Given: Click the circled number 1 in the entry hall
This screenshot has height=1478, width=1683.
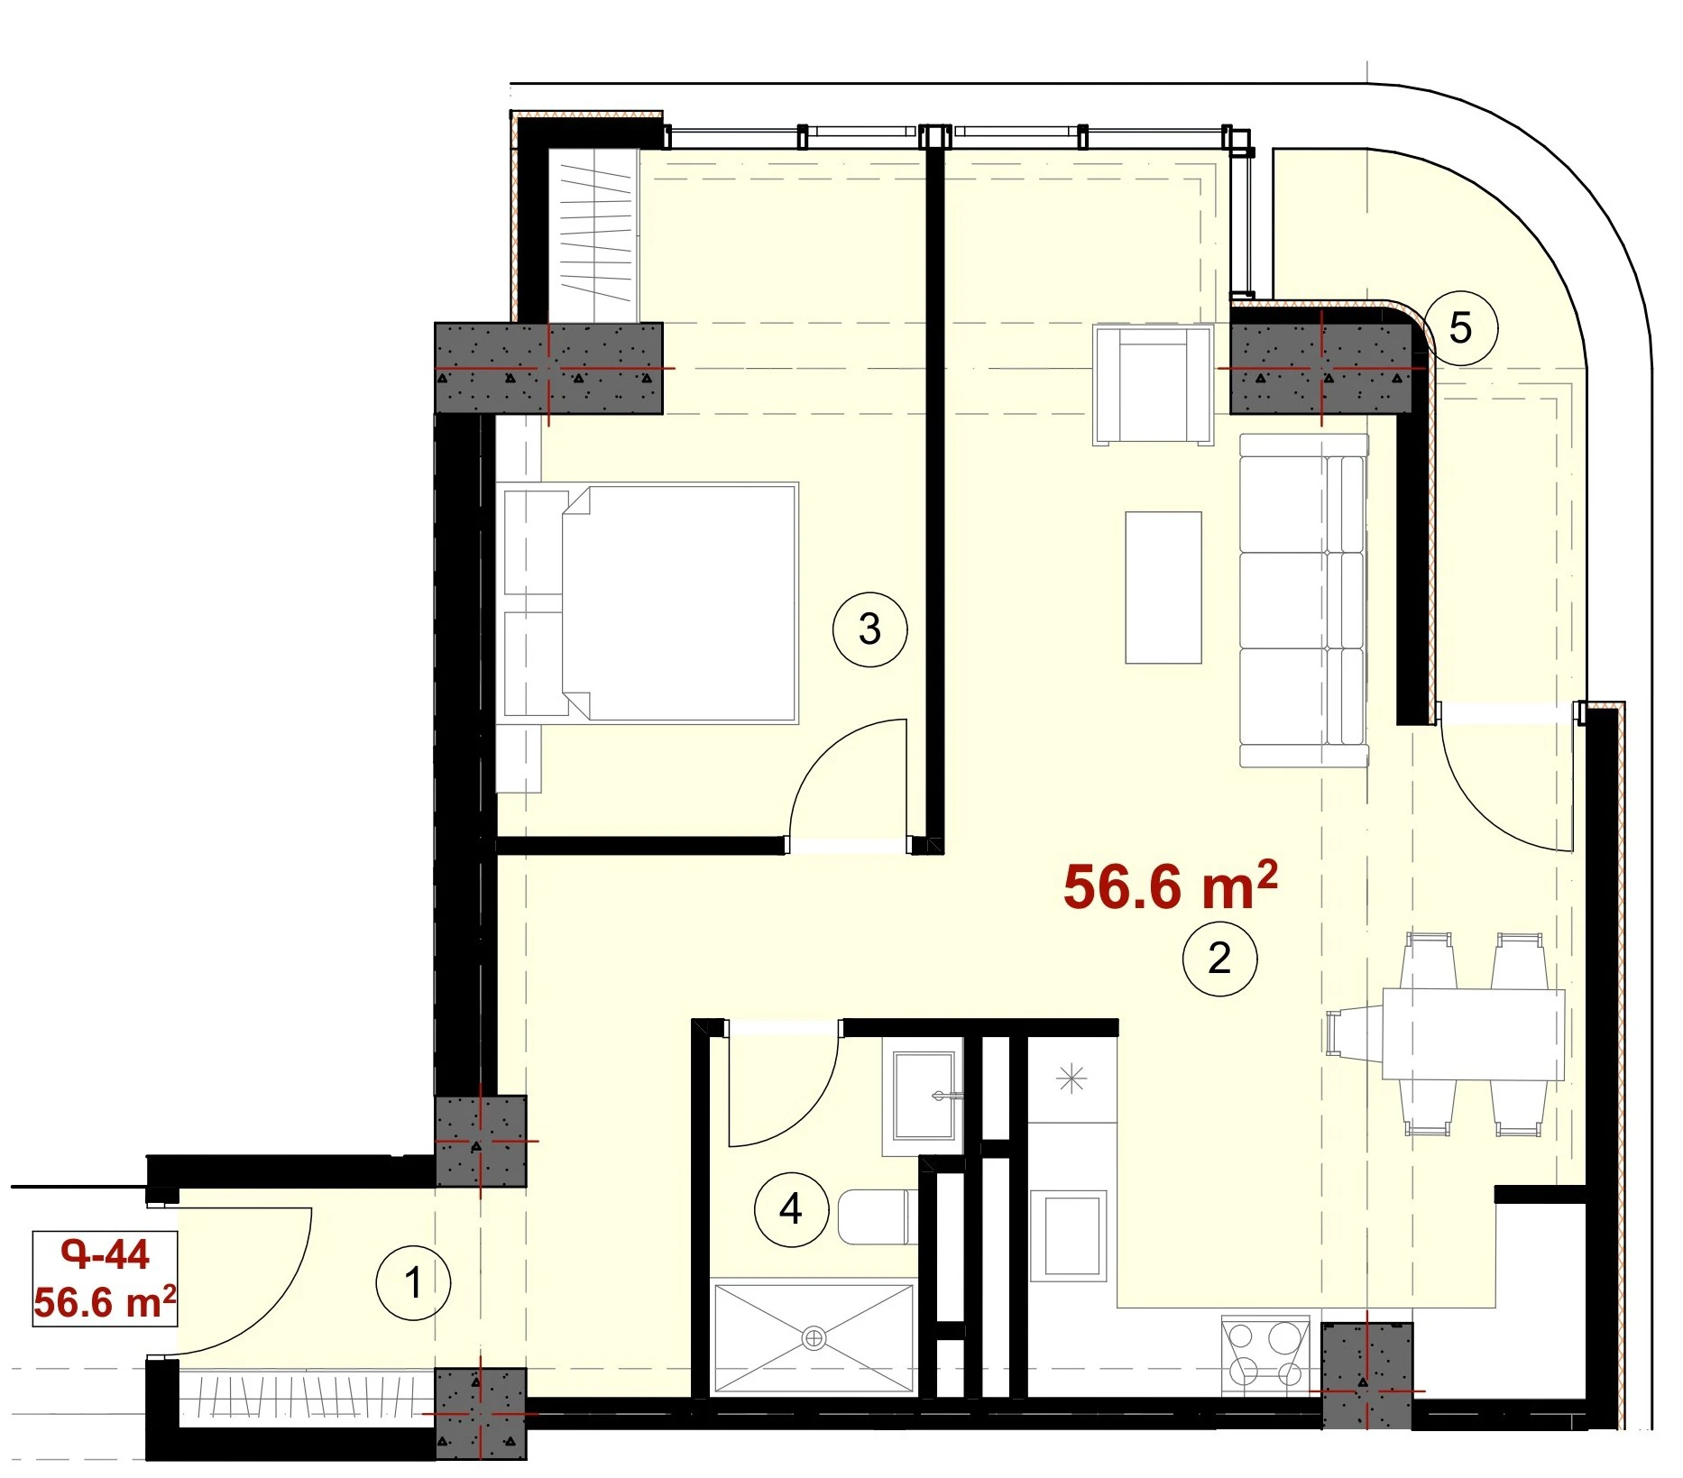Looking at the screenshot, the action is [413, 1282].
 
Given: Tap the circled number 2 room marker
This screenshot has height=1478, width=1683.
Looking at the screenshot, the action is [1219, 958].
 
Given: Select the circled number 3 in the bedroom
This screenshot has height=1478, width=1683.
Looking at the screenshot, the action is [869, 629].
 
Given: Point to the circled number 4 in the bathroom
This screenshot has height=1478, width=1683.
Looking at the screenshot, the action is [791, 1208].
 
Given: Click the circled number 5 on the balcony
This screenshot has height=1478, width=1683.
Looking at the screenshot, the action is [1460, 327].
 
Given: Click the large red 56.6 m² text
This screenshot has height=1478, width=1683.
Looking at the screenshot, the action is [1170, 886].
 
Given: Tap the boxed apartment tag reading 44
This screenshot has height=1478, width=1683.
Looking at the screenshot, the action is [105, 1279].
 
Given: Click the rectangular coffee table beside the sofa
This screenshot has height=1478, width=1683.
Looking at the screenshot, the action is [1163, 587].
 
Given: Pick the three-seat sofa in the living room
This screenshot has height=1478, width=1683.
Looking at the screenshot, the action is [1304, 601].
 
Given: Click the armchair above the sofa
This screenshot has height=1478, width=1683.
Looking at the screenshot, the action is [1153, 385].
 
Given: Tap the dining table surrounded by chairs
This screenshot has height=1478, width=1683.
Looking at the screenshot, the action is [1473, 1033].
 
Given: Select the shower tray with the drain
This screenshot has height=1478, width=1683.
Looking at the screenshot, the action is [814, 1339].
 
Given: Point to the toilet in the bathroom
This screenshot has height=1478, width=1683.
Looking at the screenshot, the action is [877, 1216].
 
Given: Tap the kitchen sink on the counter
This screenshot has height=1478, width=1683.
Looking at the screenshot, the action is [1071, 1235].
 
